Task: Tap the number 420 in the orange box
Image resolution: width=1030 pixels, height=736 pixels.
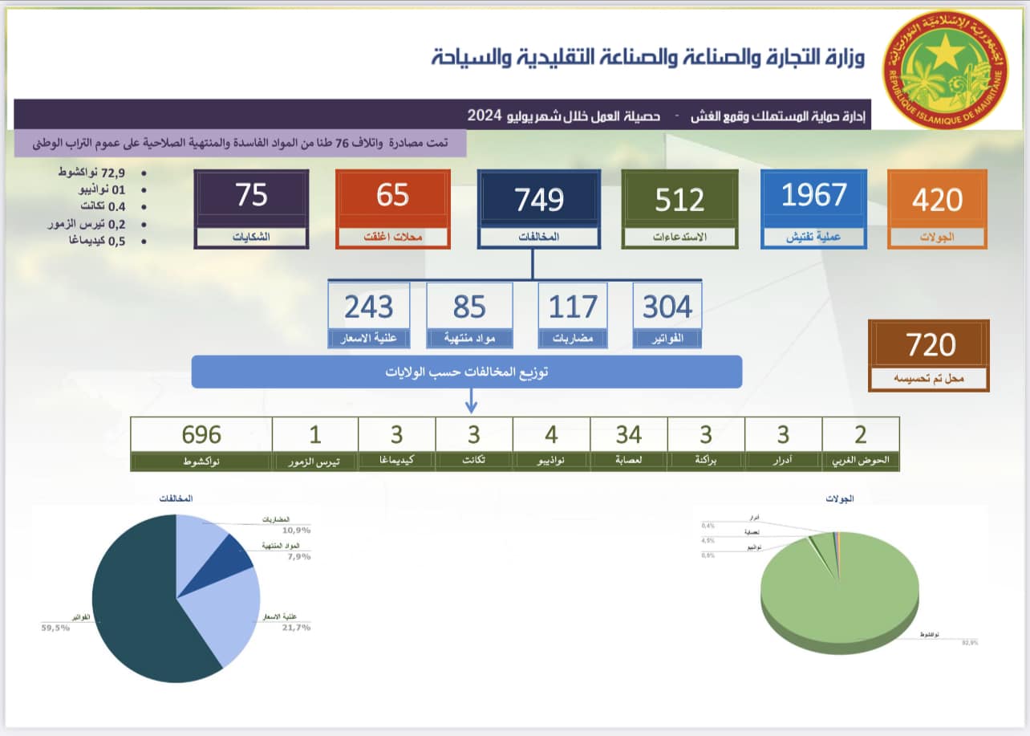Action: (x=937, y=198)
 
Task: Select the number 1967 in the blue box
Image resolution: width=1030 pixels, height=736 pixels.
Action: (x=813, y=196)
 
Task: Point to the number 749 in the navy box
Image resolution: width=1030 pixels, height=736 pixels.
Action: (x=539, y=200)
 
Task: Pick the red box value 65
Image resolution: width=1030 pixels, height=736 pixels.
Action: (x=392, y=196)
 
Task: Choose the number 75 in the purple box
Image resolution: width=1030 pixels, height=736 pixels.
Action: (x=251, y=196)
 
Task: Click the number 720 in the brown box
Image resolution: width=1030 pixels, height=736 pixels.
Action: (x=931, y=345)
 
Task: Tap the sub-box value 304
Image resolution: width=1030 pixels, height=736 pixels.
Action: (x=667, y=307)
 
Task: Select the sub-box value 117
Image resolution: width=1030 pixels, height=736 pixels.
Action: (x=573, y=307)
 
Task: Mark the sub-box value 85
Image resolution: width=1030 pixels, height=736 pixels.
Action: (x=469, y=307)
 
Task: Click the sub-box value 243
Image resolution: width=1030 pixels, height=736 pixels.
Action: (x=368, y=307)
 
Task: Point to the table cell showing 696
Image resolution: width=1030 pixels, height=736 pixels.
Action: (x=201, y=434)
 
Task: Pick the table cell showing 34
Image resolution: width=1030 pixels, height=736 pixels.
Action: (x=628, y=434)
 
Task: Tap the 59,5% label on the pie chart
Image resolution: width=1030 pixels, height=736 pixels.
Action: (x=55, y=628)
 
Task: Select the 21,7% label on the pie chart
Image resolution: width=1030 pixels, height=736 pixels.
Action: (x=296, y=627)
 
